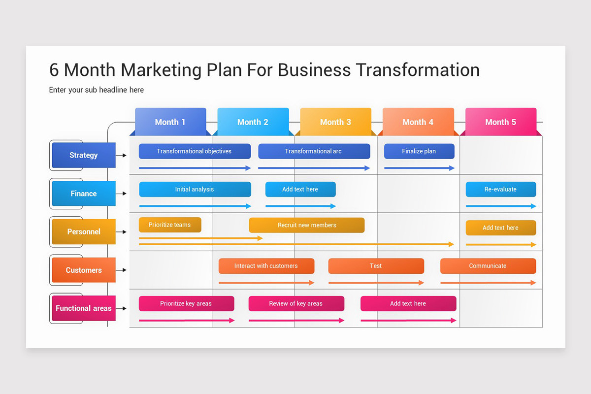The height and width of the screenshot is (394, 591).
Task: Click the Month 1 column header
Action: click(x=170, y=122)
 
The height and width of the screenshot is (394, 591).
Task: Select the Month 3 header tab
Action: click(x=335, y=122)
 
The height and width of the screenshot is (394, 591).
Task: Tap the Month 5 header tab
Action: click(x=500, y=122)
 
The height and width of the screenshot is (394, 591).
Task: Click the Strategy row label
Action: click(x=84, y=155)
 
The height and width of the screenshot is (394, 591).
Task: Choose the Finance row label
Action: click(x=84, y=194)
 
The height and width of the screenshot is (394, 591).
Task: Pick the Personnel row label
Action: click(x=84, y=231)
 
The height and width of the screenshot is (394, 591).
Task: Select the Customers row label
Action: click(x=84, y=270)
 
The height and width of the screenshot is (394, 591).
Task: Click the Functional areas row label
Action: click(x=84, y=308)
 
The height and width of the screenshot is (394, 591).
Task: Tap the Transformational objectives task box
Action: click(x=195, y=151)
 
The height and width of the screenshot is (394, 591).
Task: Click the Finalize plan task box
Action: click(x=419, y=151)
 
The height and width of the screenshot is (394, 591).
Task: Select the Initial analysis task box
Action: click(x=195, y=189)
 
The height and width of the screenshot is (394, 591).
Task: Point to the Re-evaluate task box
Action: click(x=501, y=189)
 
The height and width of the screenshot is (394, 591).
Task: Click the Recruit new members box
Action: click(x=307, y=225)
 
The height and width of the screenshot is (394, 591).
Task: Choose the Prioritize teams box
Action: click(x=170, y=225)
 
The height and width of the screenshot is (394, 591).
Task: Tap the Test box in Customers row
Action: click(x=376, y=266)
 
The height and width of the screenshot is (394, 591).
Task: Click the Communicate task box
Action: click(x=488, y=266)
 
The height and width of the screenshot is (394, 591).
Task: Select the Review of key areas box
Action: click(x=296, y=303)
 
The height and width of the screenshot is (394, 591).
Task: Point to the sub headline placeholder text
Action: click(x=97, y=90)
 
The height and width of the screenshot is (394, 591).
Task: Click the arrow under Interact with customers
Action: click(x=266, y=283)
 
